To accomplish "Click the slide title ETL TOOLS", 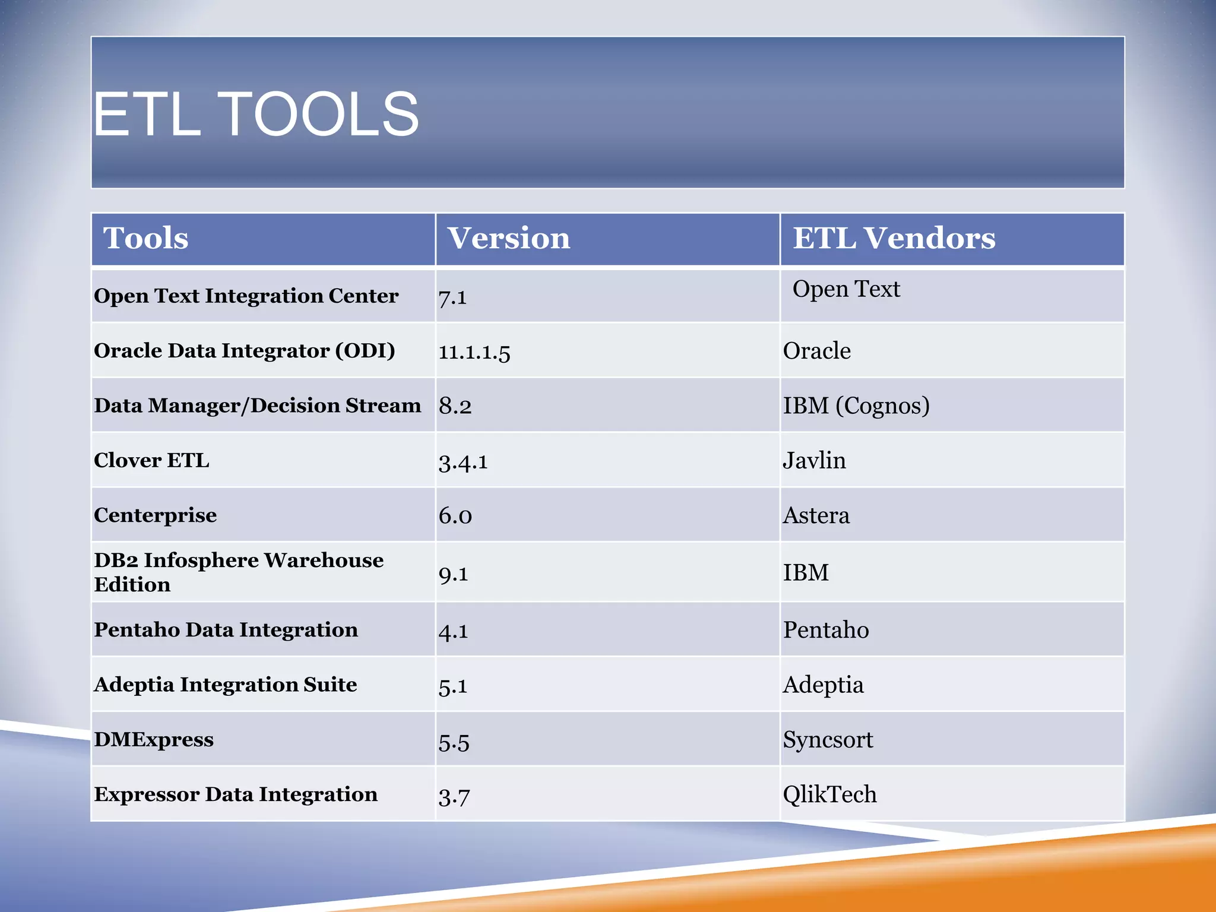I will pyautogui.click(x=256, y=114).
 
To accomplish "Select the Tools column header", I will pyautogui.click(x=146, y=238).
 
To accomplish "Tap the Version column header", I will pyautogui.click(x=508, y=238).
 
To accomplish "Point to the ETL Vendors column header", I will pyautogui.click(x=894, y=238).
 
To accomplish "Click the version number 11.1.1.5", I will pyautogui.click(x=474, y=352).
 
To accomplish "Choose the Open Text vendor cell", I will pyautogui.click(x=846, y=289).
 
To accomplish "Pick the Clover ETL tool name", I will pyautogui.click(x=151, y=460).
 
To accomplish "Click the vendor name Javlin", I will pyautogui.click(x=814, y=461).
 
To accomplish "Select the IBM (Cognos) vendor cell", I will pyautogui.click(x=856, y=406).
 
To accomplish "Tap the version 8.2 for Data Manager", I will pyautogui.click(x=455, y=406).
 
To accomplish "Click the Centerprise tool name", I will pyautogui.click(x=155, y=515).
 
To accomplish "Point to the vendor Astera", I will pyautogui.click(x=816, y=515).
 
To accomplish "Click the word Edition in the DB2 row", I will pyautogui.click(x=132, y=585).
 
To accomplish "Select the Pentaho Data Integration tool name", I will pyautogui.click(x=226, y=629).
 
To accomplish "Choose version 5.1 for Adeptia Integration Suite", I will pyautogui.click(x=452, y=686).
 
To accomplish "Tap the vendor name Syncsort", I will pyautogui.click(x=828, y=740).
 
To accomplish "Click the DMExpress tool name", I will pyautogui.click(x=153, y=739).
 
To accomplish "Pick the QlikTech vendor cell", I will pyautogui.click(x=829, y=794).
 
